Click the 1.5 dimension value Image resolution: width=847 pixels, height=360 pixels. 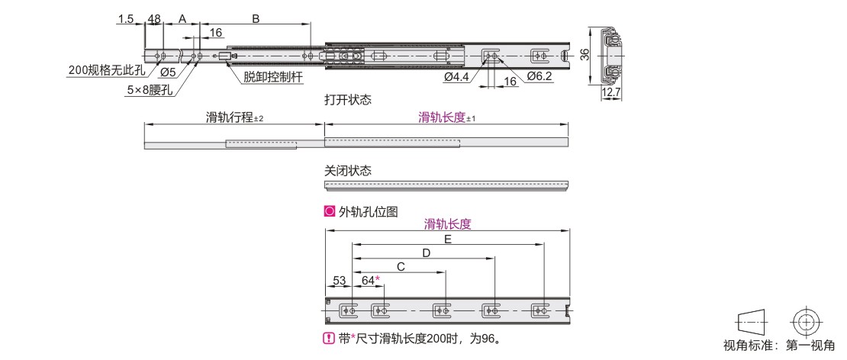(x=125, y=19)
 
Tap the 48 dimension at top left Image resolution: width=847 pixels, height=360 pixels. (x=154, y=19)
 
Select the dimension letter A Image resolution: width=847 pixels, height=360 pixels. (x=182, y=19)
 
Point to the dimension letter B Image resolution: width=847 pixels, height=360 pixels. (x=256, y=19)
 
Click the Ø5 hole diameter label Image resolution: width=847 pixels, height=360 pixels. (x=169, y=72)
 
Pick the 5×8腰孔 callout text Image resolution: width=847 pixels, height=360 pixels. (x=149, y=90)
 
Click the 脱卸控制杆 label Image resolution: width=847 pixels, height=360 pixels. (x=272, y=77)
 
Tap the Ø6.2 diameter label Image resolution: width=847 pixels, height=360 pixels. (x=539, y=77)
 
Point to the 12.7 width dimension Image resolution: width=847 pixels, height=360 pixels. (x=611, y=93)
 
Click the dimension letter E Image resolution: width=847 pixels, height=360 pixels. (x=447, y=239)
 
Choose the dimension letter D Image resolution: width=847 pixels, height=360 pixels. (x=426, y=253)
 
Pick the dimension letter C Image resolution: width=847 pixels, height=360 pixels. (x=401, y=267)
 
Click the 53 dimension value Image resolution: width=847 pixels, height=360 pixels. (x=339, y=280)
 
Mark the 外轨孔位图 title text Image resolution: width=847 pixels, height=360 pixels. (x=368, y=211)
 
